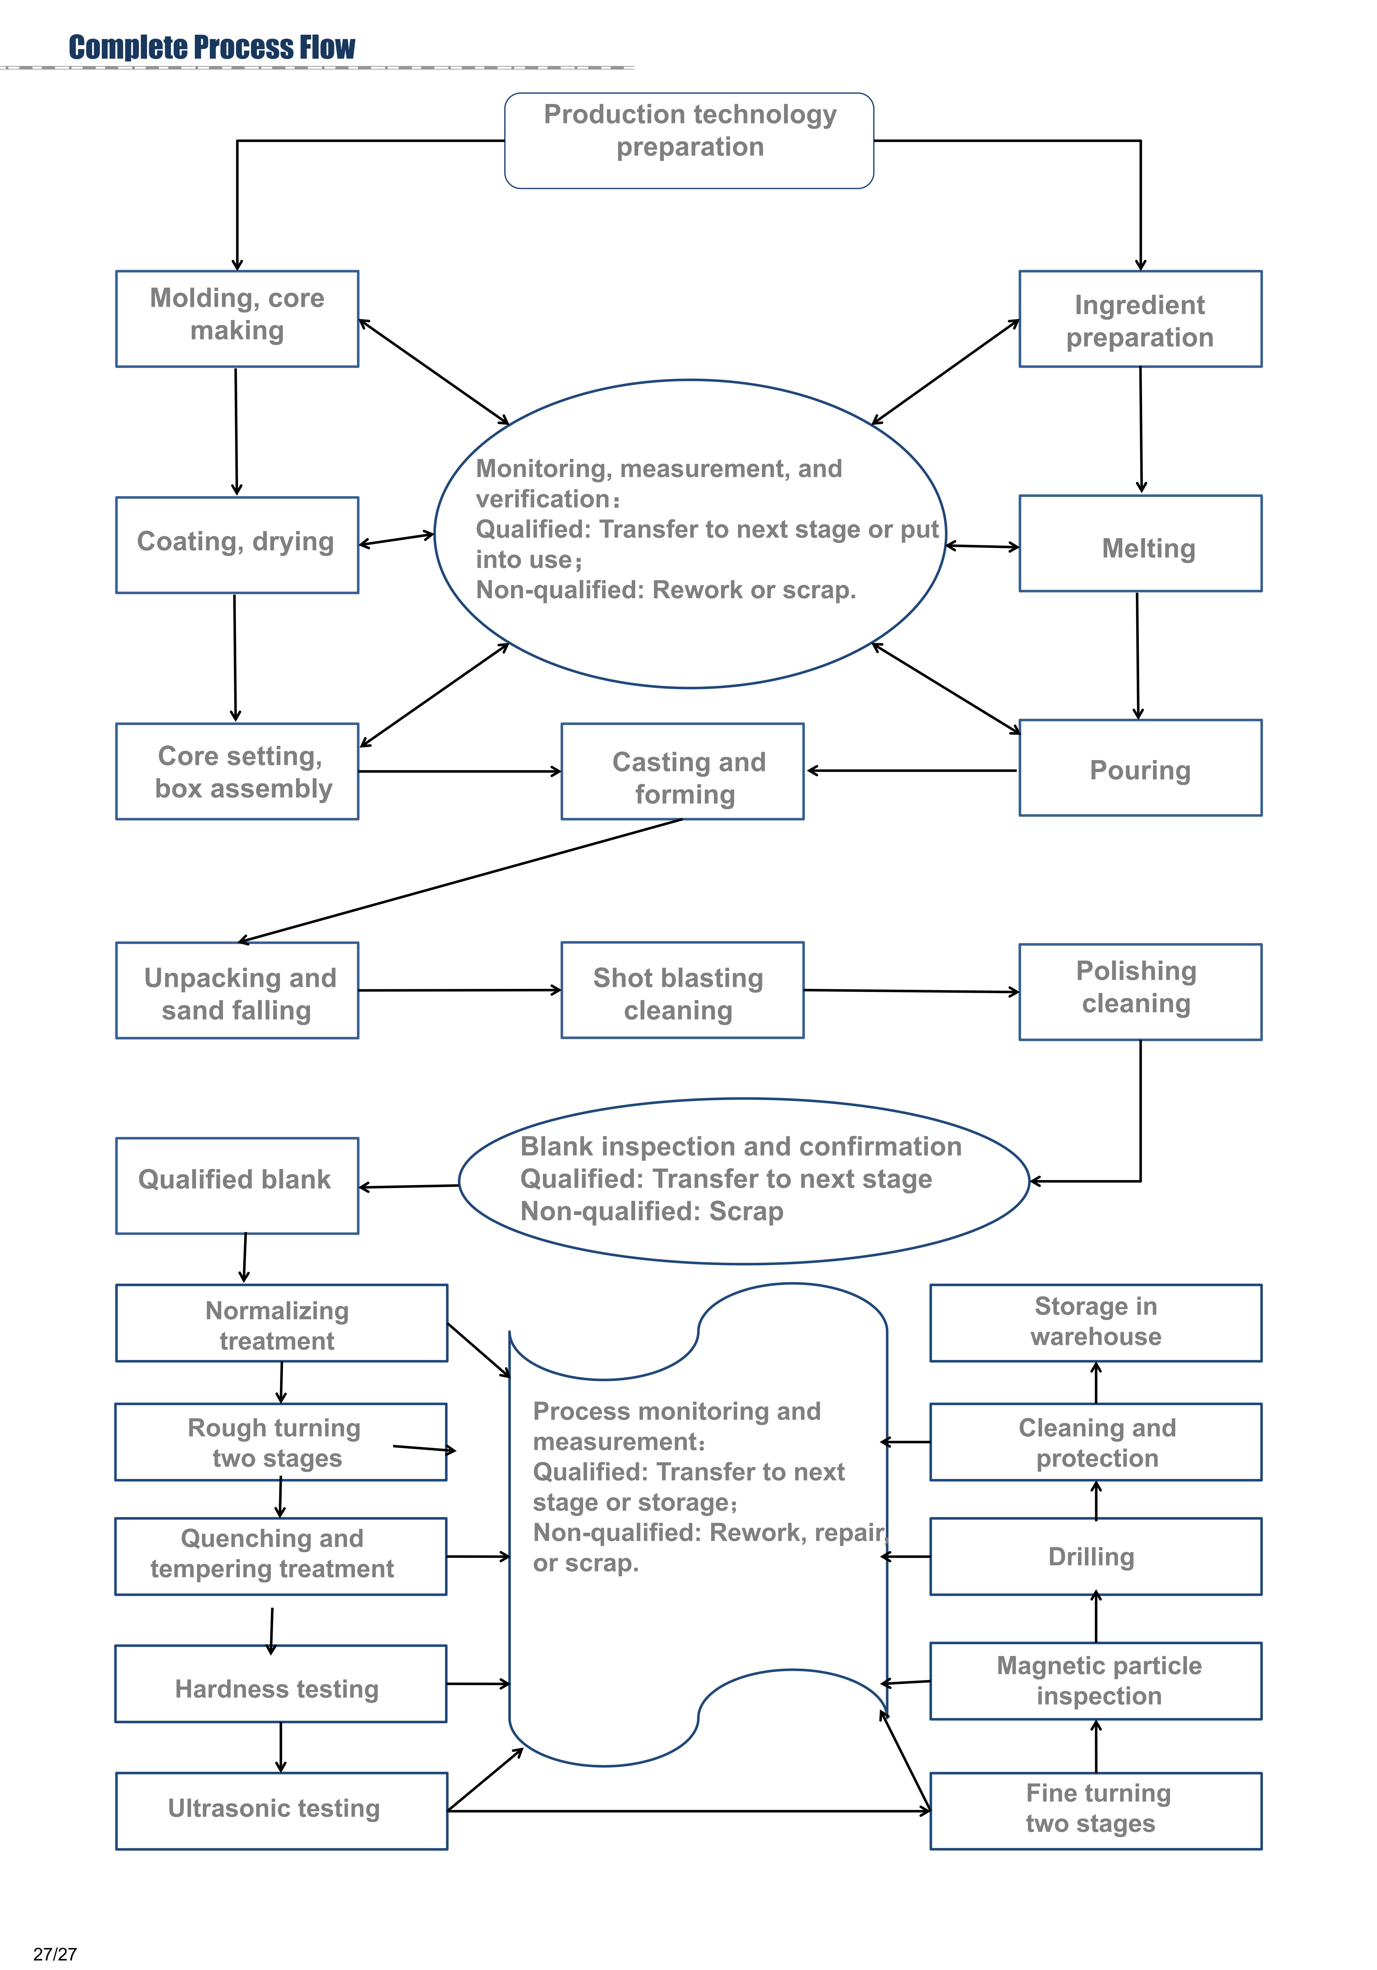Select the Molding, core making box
(x=237, y=318)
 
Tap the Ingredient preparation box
(x=1139, y=318)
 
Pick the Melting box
(x=1139, y=543)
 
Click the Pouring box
(x=1139, y=768)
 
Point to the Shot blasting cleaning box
(x=682, y=990)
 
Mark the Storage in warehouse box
(x=1095, y=1322)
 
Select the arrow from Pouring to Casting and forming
(x=911, y=770)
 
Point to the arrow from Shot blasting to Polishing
(x=911, y=991)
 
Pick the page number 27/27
(x=55, y=1954)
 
